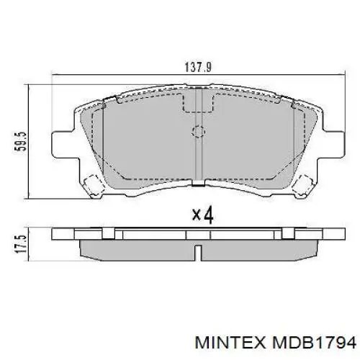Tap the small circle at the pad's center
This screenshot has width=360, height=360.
(x=198, y=132)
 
